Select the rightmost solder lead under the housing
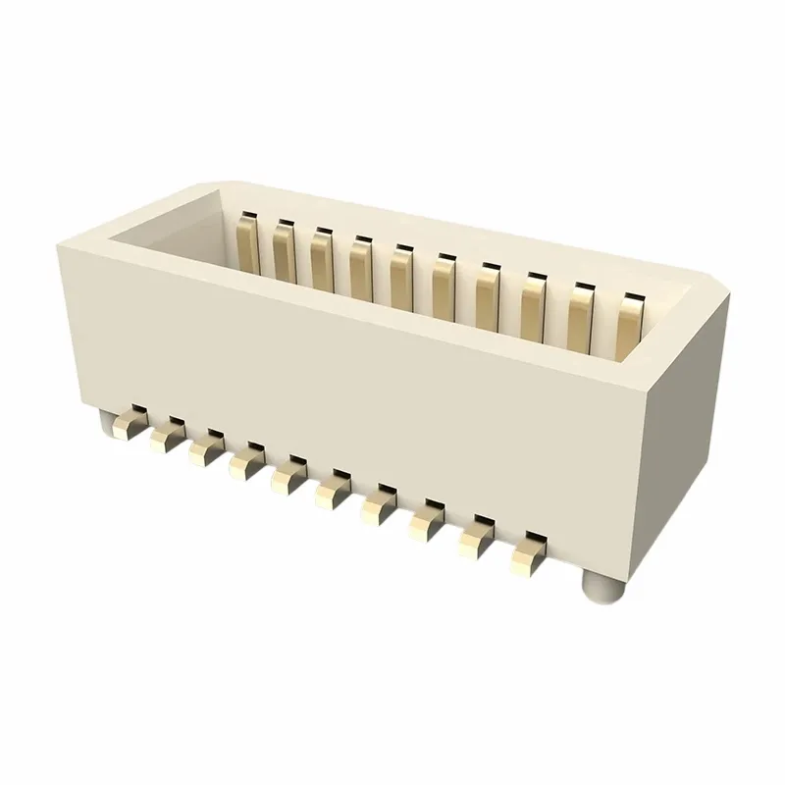click(528, 557)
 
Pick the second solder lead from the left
click(163, 436)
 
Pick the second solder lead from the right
click(476, 540)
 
